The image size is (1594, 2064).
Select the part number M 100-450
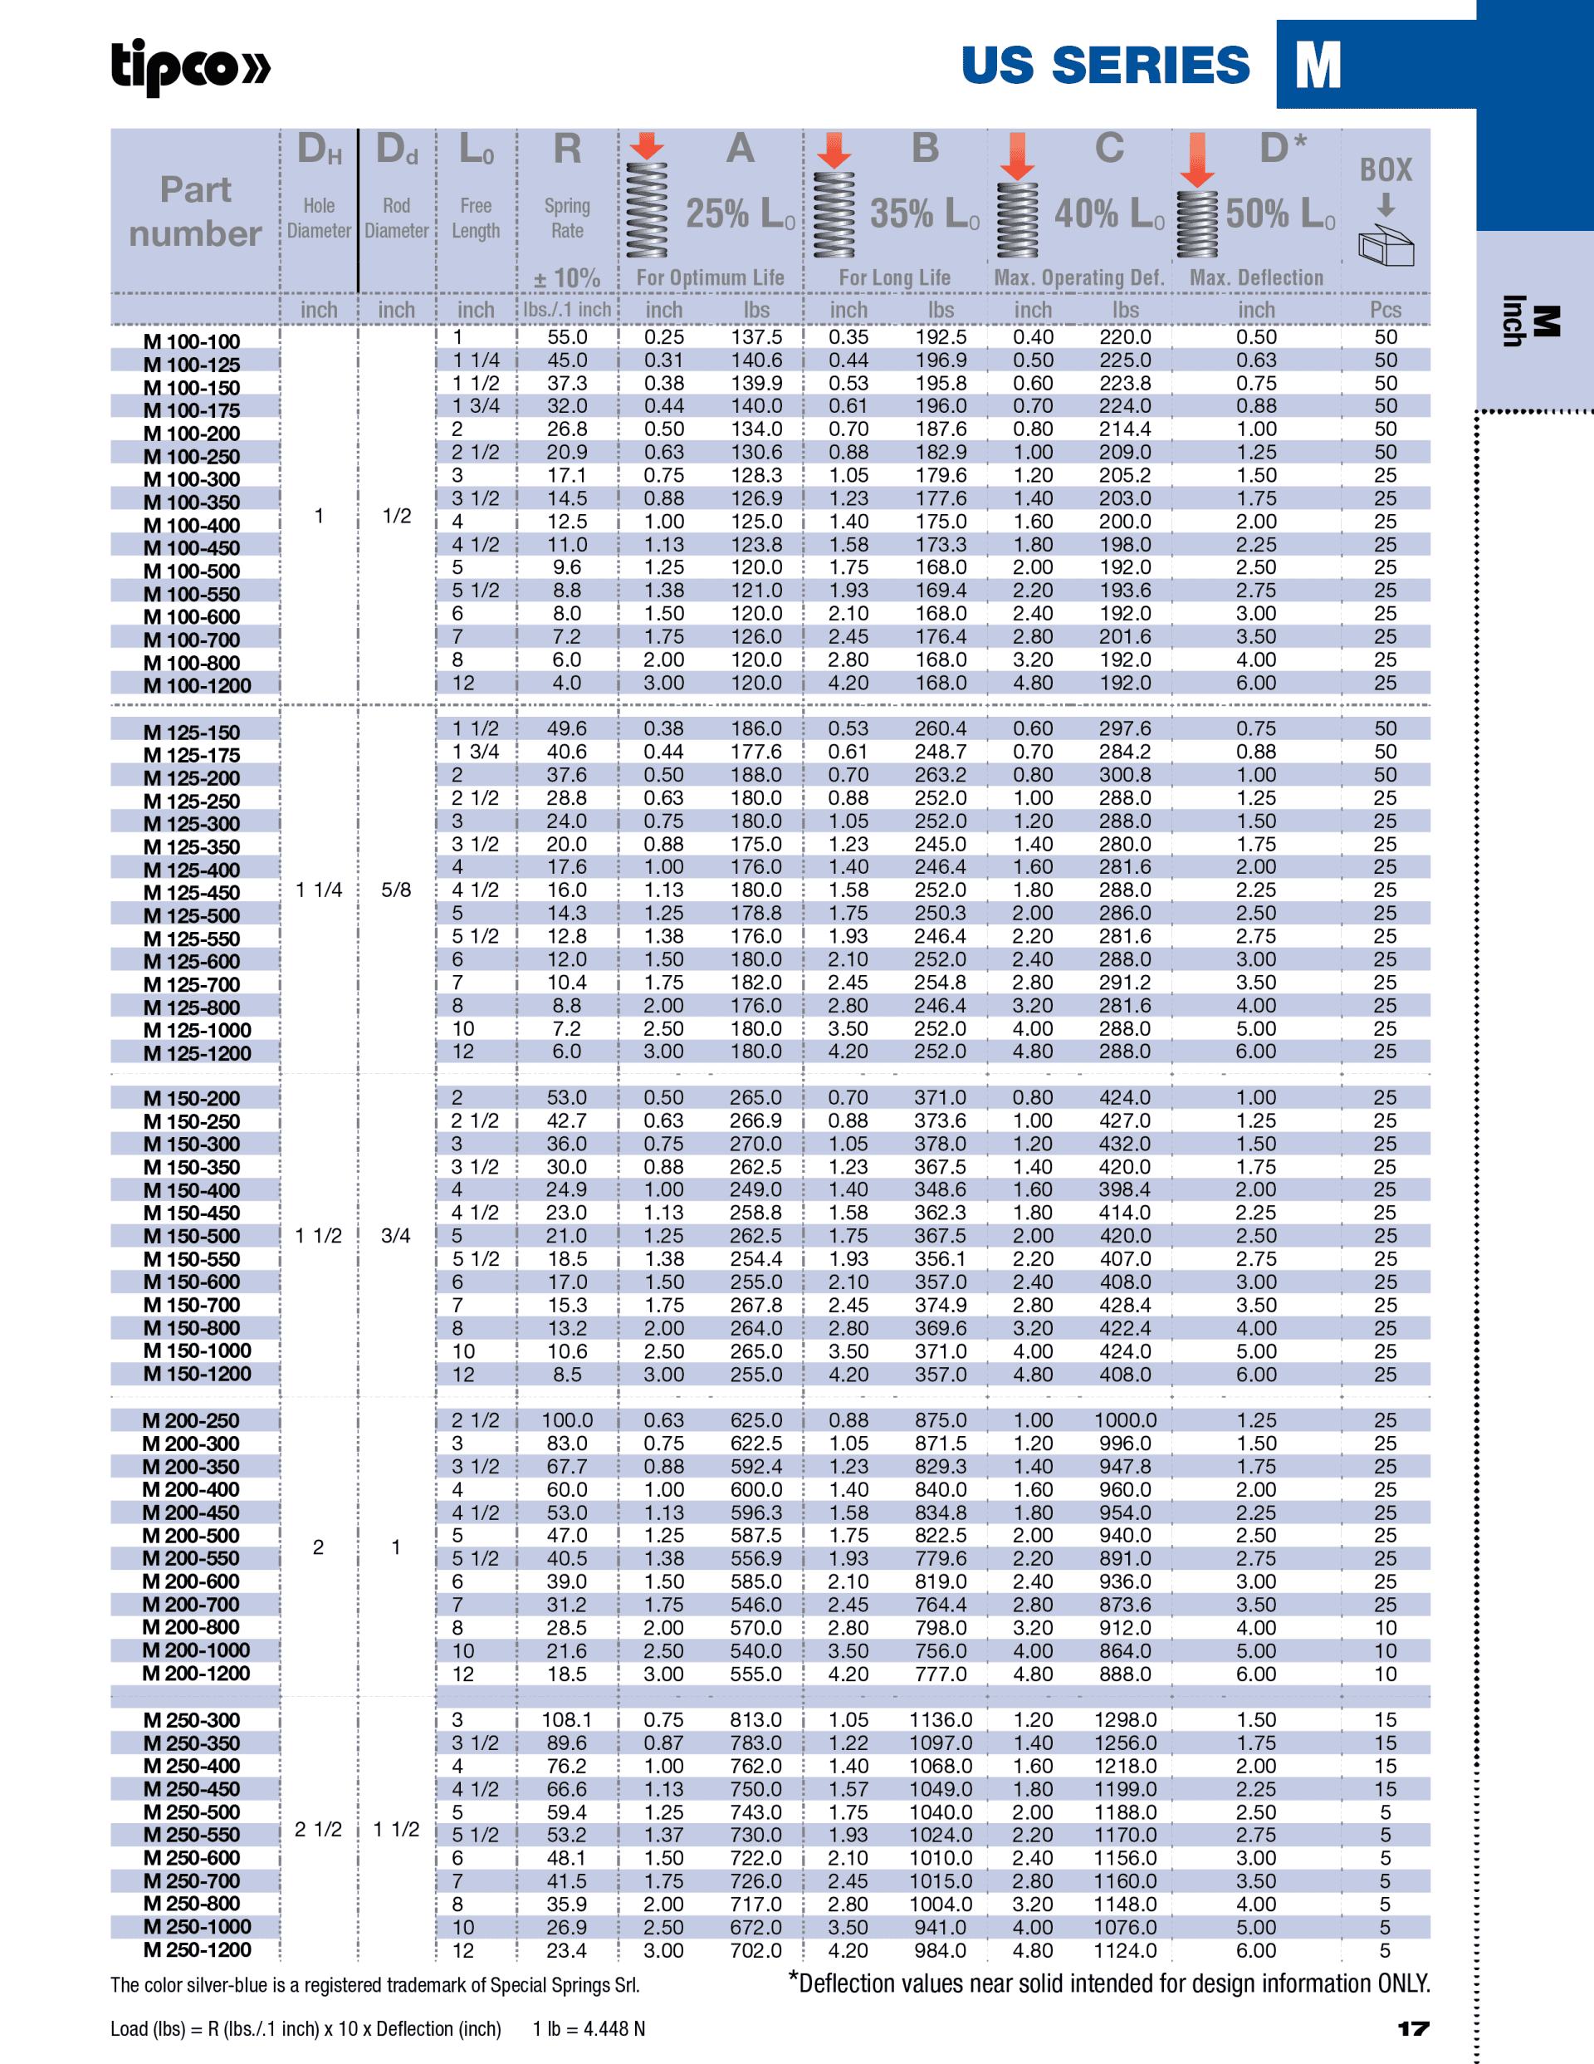pos(191,548)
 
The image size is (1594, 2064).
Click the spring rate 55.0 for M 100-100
pos(567,337)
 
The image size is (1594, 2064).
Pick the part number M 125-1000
pos(197,1030)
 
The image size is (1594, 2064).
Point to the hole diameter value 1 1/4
pos(319,890)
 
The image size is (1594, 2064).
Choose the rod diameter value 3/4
pos(396,1235)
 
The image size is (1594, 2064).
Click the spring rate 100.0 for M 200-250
pos(567,1420)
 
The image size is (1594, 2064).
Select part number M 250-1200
pos(197,1949)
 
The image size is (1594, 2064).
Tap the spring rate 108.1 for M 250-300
pos(567,1720)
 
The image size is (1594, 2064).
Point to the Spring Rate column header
pos(567,218)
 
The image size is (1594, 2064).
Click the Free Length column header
pos(475,218)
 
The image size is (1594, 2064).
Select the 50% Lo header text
pos(1280,213)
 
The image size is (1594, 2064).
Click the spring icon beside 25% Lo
pos(648,210)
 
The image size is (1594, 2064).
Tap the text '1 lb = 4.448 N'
pos(589,2029)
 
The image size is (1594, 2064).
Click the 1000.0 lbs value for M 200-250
pos(1124,1420)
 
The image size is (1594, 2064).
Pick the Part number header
pos(196,212)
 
